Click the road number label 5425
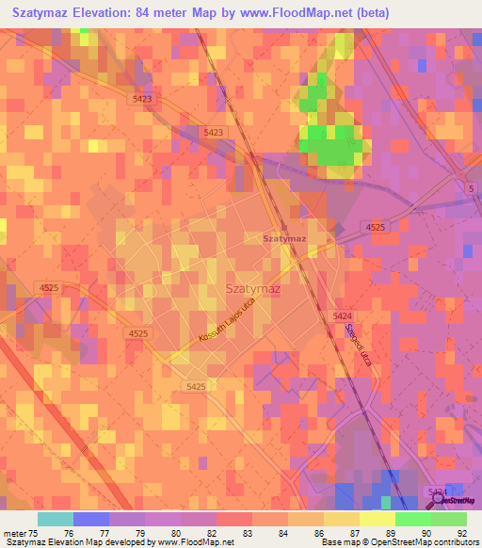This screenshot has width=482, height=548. (x=196, y=386)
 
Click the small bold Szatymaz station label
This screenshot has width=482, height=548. (x=284, y=239)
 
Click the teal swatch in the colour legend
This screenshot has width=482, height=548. (x=56, y=519)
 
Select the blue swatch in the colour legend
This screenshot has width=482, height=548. (x=91, y=519)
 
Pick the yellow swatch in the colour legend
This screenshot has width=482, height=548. (x=378, y=519)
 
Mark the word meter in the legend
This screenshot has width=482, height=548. (x=16, y=532)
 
